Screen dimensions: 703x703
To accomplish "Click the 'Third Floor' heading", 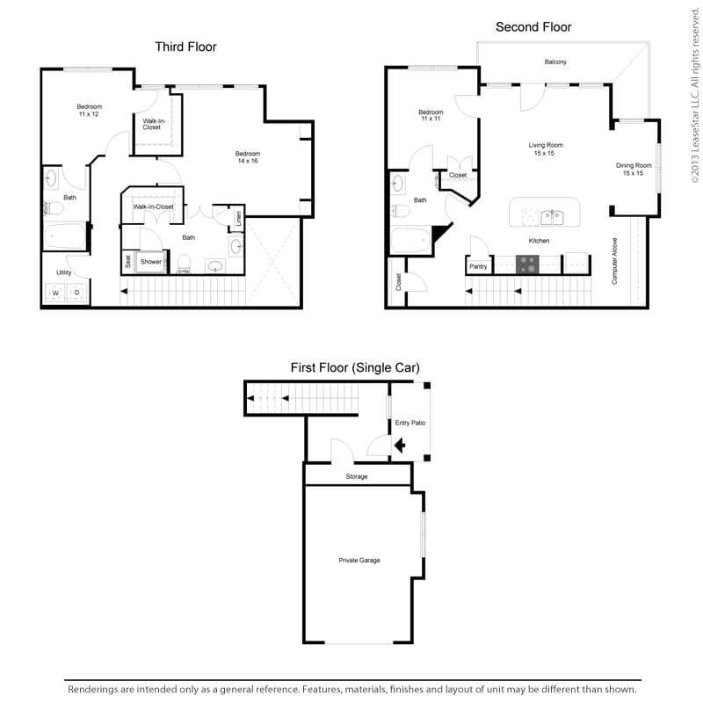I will [x=185, y=47].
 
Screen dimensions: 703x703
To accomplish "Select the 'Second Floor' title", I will [x=533, y=27].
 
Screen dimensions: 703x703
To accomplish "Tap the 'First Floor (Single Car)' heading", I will [x=355, y=367].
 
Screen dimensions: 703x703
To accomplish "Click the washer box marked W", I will [x=54, y=293].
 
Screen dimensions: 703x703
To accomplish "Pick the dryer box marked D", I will [x=77, y=293].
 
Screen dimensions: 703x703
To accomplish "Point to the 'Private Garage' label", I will [x=359, y=560].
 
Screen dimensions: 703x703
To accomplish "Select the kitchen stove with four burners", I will [x=527, y=264].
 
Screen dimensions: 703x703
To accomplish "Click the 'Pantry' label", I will [x=478, y=266].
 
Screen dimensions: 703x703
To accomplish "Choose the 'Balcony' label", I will [x=554, y=62].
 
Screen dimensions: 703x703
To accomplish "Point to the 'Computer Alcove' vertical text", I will [x=614, y=261].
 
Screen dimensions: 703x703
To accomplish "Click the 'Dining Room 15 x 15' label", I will [x=633, y=170].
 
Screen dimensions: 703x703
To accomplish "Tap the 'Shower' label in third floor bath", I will [x=151, y=262].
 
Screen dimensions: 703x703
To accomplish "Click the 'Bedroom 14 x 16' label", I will [x=248, y=157].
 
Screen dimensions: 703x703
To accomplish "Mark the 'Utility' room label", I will [x=64, y=272].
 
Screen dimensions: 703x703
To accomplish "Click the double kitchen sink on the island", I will [x=552, y=215].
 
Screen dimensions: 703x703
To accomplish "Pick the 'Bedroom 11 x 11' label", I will [x=431, y=115].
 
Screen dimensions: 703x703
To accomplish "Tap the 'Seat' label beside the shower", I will [x=128, y=261].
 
